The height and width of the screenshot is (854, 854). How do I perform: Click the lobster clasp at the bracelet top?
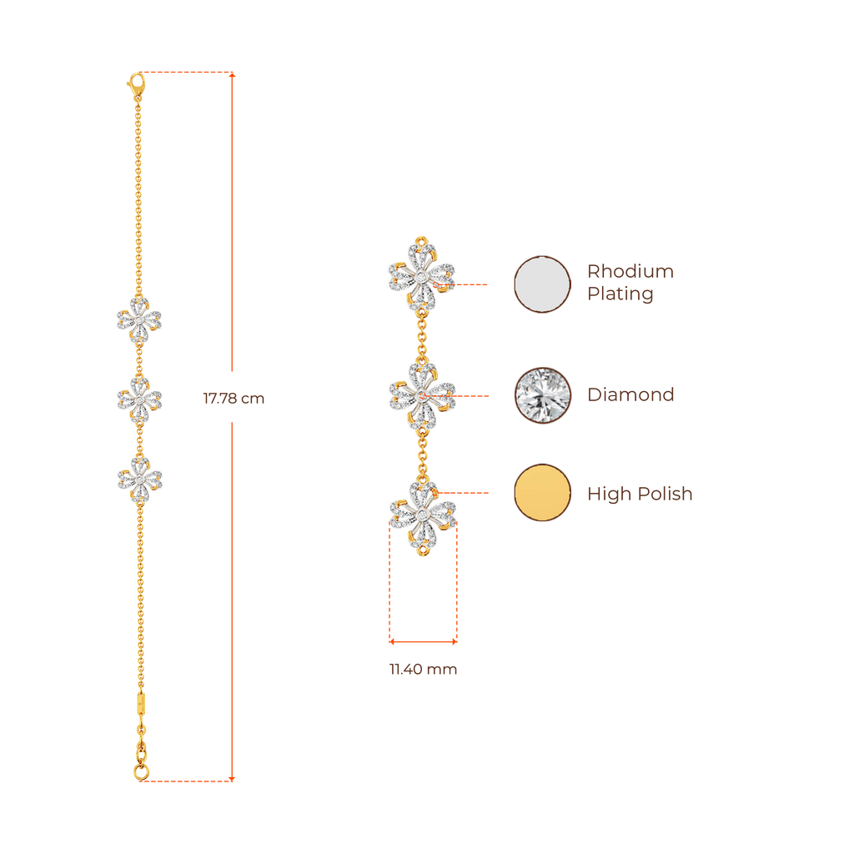(136, 83)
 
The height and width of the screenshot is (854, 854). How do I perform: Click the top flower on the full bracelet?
(138, 319)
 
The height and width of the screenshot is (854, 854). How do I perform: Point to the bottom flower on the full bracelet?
(139, 479)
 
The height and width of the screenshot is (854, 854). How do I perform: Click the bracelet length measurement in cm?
(234, 399)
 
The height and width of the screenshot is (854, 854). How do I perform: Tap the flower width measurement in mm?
(422, 669)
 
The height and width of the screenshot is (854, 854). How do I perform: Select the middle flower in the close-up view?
(422, 394)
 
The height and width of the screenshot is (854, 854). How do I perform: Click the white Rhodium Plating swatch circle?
(543, 284)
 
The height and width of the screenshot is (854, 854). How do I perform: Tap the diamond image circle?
(543, 395)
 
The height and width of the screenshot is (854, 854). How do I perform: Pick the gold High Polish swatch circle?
(543, 493)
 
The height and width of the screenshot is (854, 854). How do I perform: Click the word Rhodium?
(630, 271)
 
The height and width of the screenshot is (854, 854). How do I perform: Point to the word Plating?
(620, 294)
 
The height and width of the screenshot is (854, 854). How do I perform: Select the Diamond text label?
(630, 394)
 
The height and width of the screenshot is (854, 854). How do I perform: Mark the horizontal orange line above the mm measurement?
(423, 641)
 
